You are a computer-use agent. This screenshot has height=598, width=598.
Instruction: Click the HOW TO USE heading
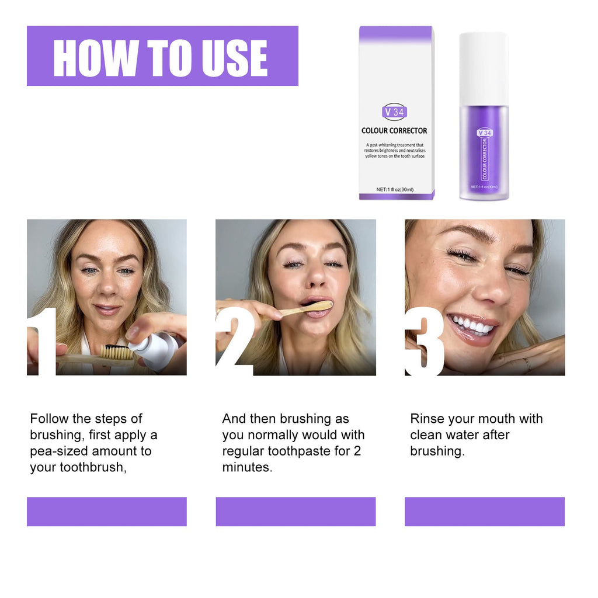(161, 57)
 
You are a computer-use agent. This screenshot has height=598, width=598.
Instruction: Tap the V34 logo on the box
(395, 112)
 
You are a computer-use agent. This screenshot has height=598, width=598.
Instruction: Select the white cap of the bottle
(483, 68)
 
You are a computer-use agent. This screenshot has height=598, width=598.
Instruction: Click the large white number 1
(44, 342)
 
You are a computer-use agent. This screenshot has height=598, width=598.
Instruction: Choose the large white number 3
(425, 342)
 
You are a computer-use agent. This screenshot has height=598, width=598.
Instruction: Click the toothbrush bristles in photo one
(116, 352)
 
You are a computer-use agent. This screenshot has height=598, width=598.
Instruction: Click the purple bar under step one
(107, 512)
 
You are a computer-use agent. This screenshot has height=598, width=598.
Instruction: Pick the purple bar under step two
(295, 512)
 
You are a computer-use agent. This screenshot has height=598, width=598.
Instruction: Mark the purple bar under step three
(485, 512)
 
